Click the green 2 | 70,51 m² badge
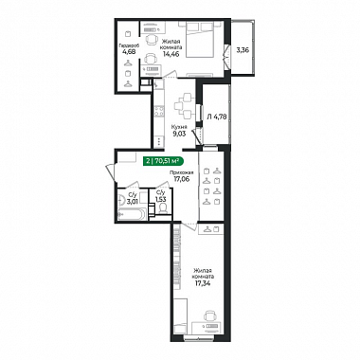click(163, 161)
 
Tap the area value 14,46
click(171, 54)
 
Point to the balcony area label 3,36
click(243, 49)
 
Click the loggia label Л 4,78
click(217, 117)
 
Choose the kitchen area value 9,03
click(178, 133)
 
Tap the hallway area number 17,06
click(181, 178)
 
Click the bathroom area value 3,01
click(132, 201)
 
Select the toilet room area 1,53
click(160, 199)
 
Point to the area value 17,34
click(203, 282)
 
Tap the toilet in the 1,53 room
click(163, 208)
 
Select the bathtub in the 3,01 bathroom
click(132, 214)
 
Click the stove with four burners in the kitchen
click(159, 111)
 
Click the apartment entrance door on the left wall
click(111, 173)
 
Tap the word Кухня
click(178, 126)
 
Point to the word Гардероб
click(127, 45)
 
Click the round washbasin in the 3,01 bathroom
click(121, 200)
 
